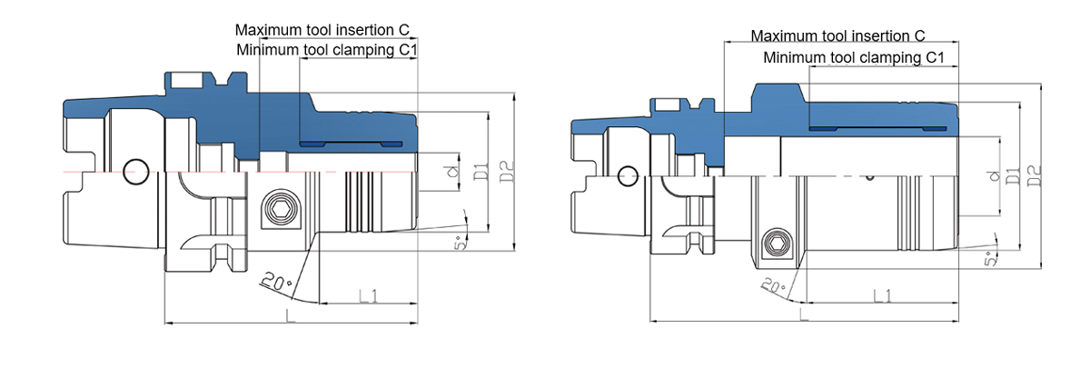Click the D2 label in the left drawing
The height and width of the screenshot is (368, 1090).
pos(507,172)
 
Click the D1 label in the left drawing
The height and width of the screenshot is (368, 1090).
pos(481,172)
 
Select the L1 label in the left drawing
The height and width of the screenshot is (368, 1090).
pos(369,295)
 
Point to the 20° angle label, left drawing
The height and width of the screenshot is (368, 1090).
pos(277,282)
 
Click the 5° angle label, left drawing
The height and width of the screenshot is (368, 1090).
pos(461,243)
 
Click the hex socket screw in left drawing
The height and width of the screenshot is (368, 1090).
pos(280,210)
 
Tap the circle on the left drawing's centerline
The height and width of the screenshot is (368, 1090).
pos(135,172)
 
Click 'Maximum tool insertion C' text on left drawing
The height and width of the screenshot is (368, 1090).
pos(322,30)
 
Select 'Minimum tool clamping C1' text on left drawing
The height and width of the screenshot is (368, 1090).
pos(326,50)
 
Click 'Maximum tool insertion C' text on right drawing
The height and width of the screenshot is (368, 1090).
pos(837,36)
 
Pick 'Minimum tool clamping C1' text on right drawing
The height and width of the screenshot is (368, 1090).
pos(854,57)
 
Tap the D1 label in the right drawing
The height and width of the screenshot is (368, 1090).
pos(1013,175)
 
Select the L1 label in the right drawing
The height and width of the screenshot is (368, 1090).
pos(882,295)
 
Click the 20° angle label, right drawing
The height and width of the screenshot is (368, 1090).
pos(773,286)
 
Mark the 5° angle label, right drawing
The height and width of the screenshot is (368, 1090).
pos(990,259)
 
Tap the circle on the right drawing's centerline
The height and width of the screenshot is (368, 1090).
pos(628,176)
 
